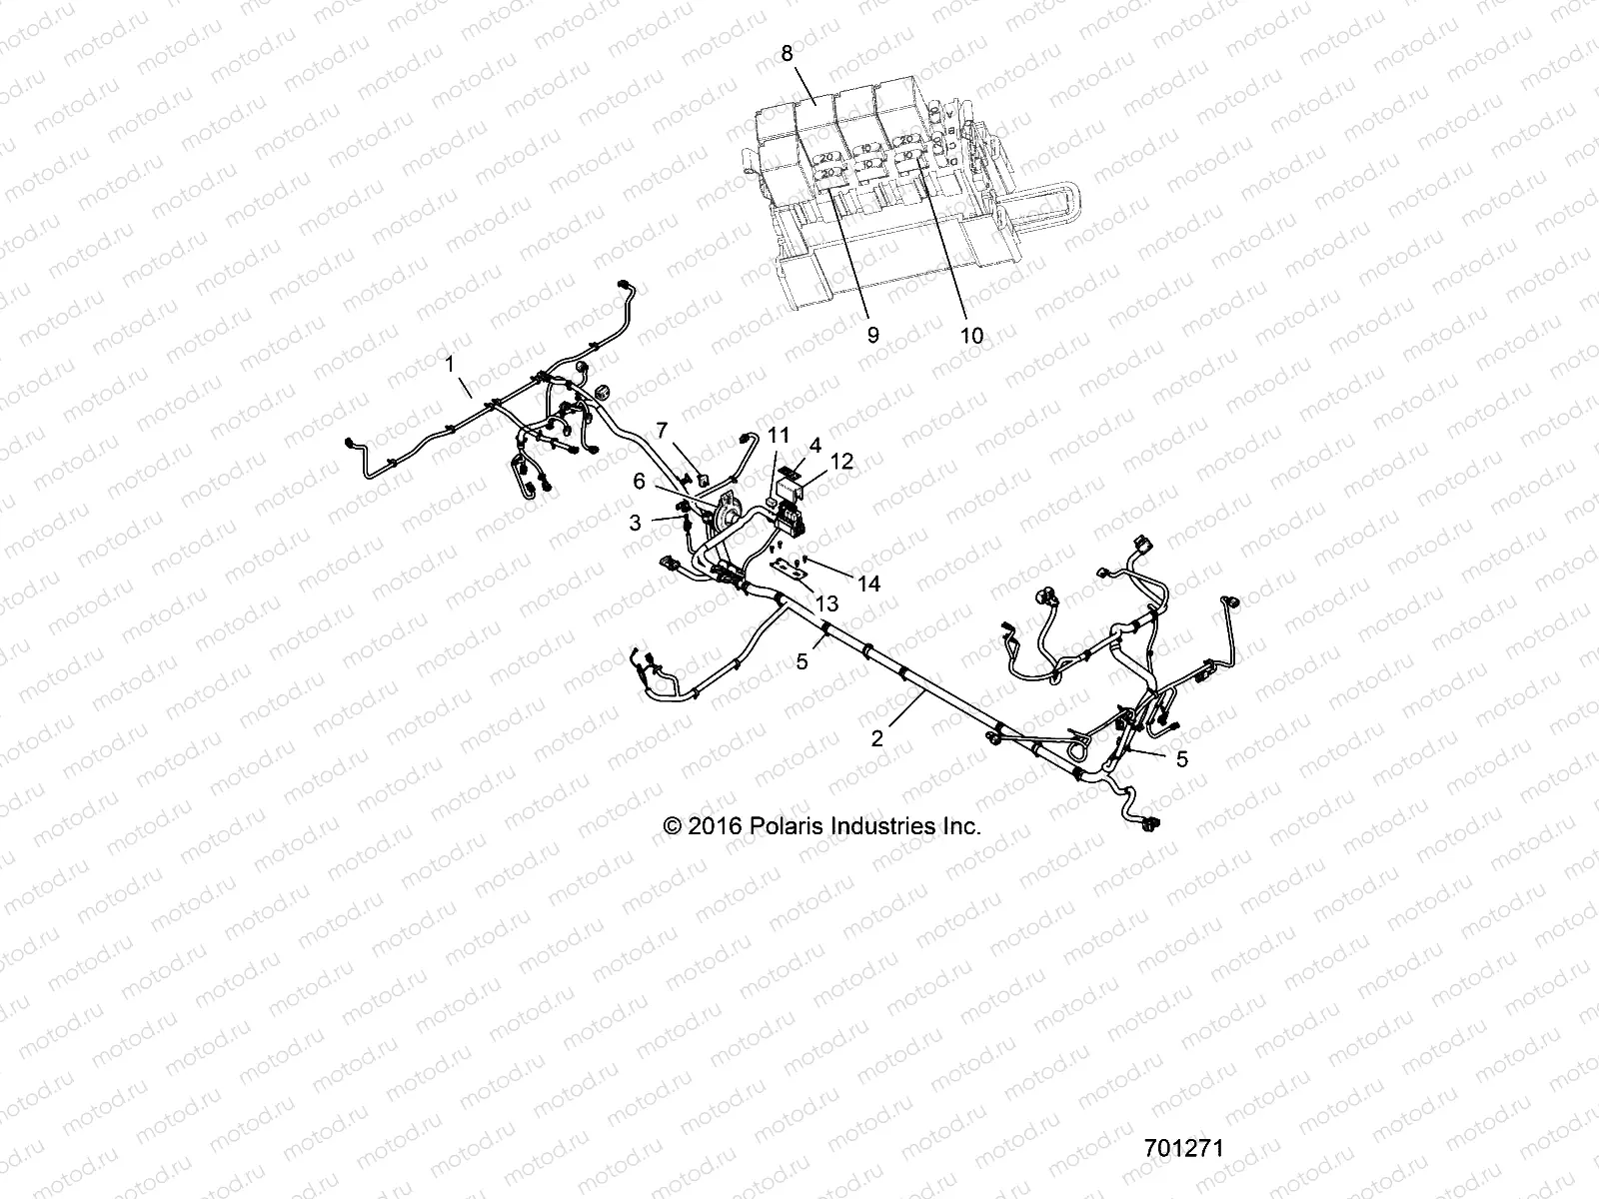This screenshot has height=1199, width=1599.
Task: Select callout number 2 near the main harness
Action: [x=877, y=739]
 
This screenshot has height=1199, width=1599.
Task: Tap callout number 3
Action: [x=636, y=522]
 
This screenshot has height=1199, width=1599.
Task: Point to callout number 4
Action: [x=815, y=444]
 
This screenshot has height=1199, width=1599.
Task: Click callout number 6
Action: [x=639, y=481]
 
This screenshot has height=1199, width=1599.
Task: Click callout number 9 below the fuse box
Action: [x=872, y=335]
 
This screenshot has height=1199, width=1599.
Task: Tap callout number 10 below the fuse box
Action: [x=971, y=335]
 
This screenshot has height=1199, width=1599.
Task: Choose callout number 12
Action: [x=842, y=462]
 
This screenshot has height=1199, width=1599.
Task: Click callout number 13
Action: [x=826, y=604]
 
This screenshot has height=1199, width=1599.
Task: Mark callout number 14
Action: [x=869, y=584]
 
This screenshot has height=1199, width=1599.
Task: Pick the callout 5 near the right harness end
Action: [x=1182, y=759]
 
